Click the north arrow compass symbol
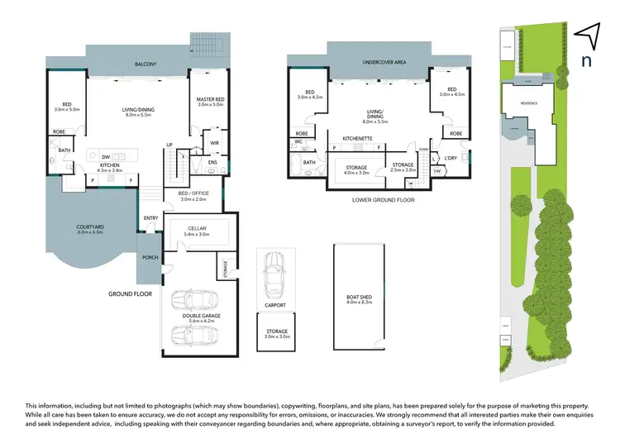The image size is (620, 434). (x=586, y=35)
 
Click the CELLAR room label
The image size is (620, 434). (x=197, y=229)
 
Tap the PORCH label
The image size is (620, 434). (x=150, y=257)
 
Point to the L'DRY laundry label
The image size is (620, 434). (x=451, y=158)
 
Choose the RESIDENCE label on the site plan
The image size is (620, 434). (x=528, y=103)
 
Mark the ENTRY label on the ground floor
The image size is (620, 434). (x=150, y=218)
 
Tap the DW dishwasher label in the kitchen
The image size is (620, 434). (x=105, y=156)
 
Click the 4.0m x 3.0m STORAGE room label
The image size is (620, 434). (x=356, y=169)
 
